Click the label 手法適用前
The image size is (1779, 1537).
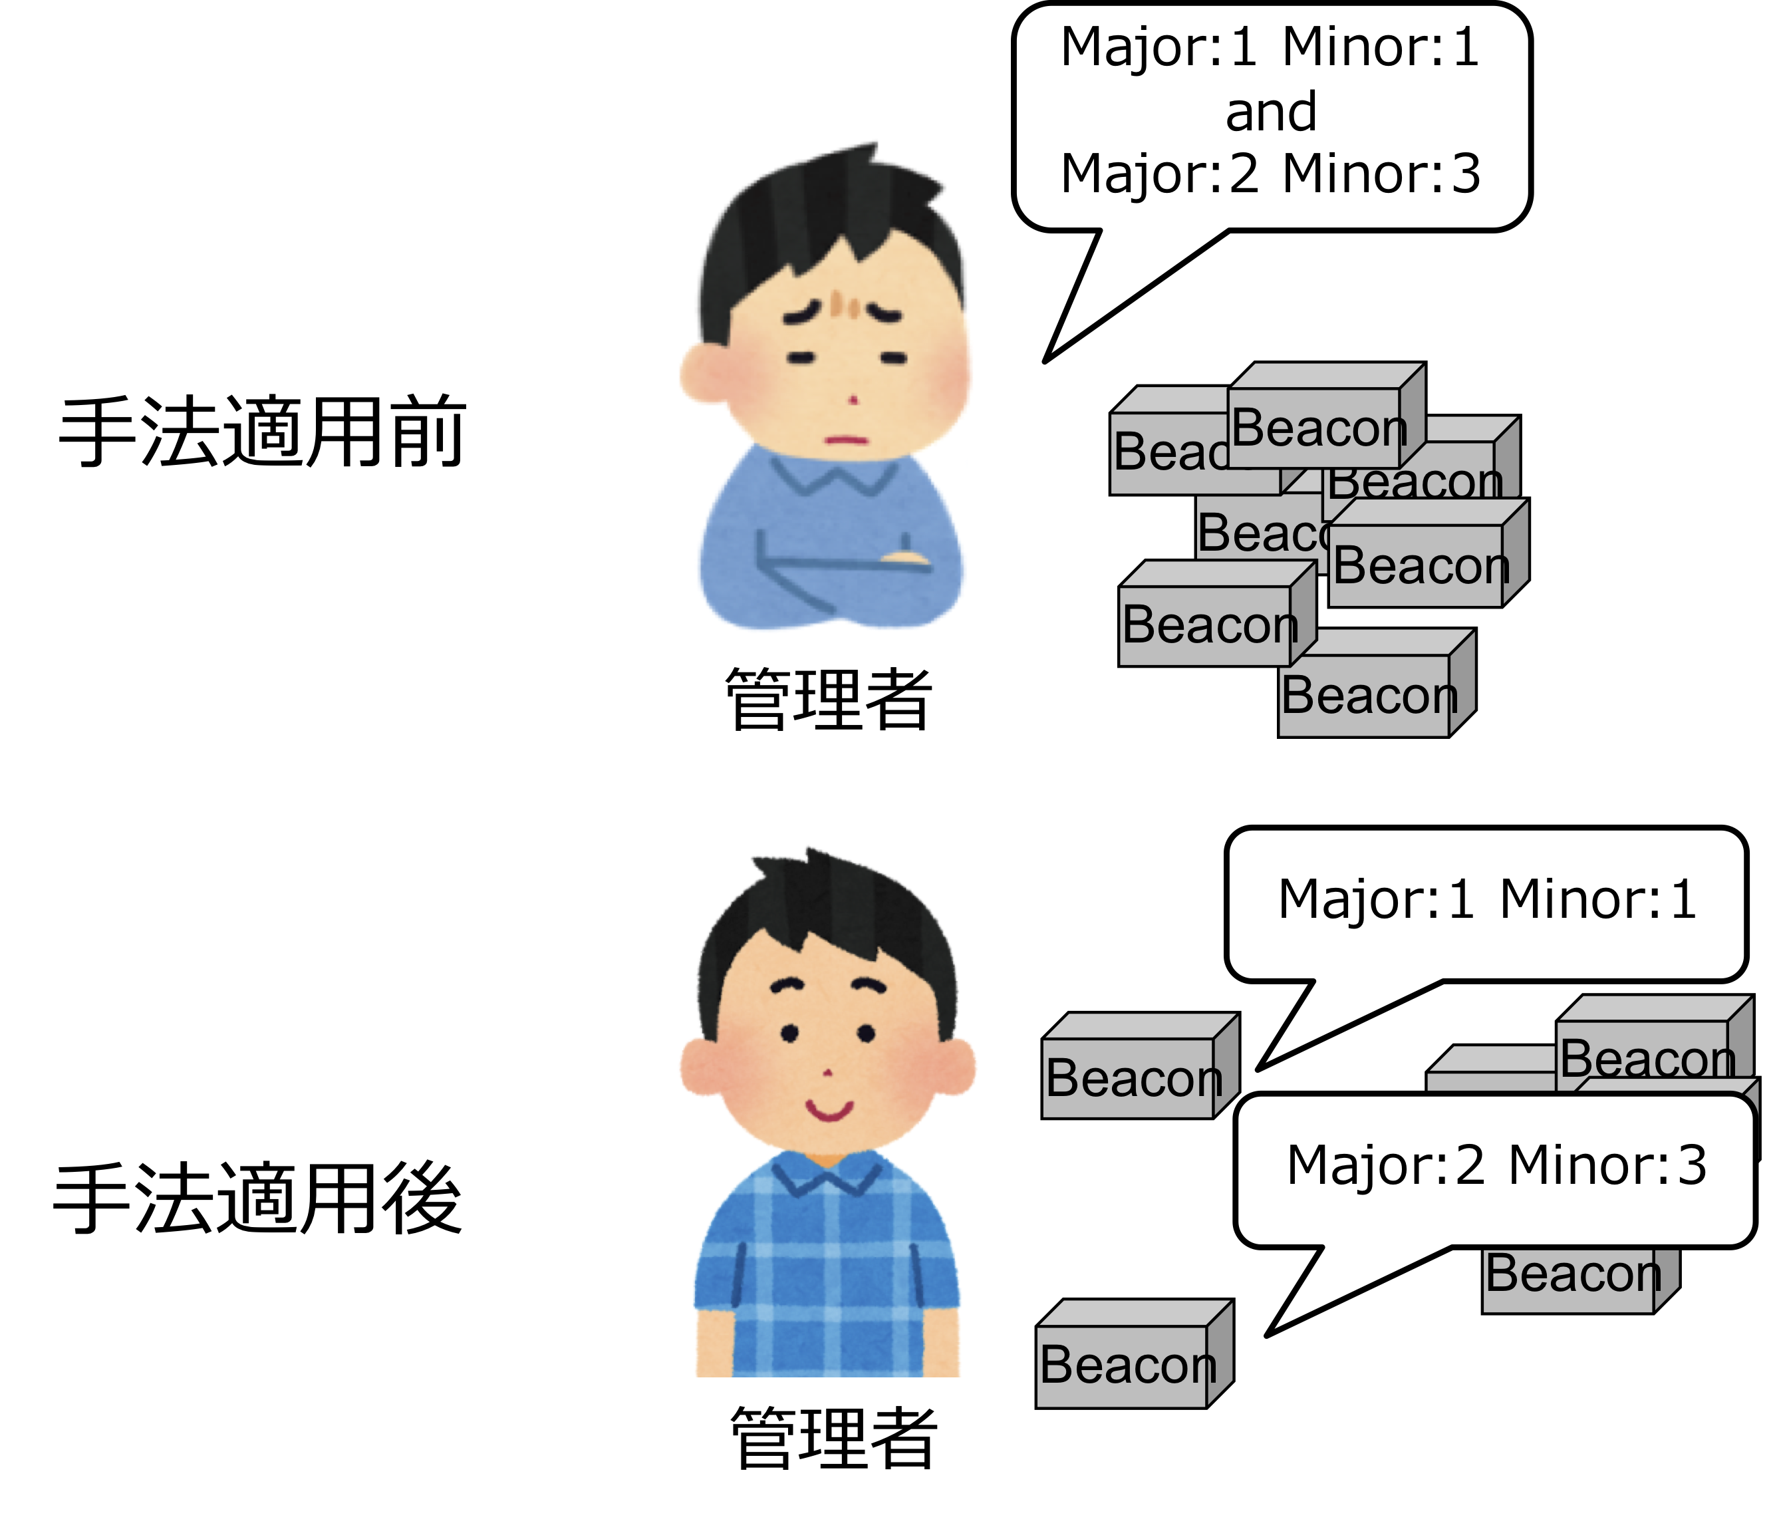pyautogui.click(x=262, y=432)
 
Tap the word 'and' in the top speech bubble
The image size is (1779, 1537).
pyautogui.click(x=1271, y=112)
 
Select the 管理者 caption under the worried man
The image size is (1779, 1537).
pyautogui.click(x=829, y=700)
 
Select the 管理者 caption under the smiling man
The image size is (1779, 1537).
pyautogui.click(x=833, y=1439)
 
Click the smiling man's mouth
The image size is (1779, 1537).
pyautogui.click(x=829, y=1110)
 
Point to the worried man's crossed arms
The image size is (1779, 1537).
pyautogui.click(x=833, y=567)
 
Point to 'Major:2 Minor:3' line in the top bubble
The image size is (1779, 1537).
pyautogui.click(x=1271, y=174)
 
